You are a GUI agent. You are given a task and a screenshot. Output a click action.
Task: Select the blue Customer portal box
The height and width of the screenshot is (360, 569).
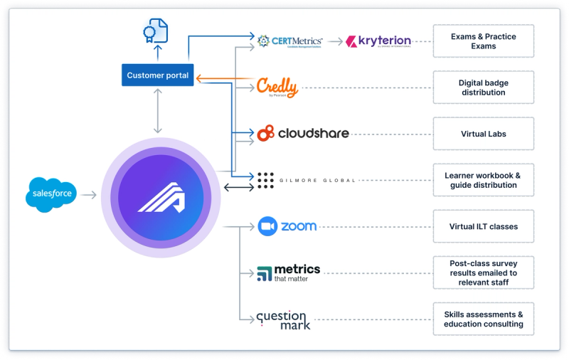(x=157, y=75)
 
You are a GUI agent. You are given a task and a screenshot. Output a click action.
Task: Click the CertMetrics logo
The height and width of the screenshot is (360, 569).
(x=290, y=41)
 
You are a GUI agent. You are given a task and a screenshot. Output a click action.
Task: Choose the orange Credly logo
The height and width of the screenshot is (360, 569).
(x=277, y=87)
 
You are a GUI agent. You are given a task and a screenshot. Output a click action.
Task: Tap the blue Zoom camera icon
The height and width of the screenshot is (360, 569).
(x=267, y=226)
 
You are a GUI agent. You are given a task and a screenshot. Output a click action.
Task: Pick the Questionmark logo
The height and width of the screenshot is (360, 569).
(x=282, y=319)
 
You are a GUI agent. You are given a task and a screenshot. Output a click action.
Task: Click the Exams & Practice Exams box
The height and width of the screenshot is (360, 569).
(x=483, y=41)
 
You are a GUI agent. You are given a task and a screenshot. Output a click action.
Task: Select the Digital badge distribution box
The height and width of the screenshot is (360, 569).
(x=483, y=88)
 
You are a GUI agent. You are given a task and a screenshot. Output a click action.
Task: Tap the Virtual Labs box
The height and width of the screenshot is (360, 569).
(x=483, y=133)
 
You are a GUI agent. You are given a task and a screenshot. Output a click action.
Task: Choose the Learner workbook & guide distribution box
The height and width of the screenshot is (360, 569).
(x=483, y=181)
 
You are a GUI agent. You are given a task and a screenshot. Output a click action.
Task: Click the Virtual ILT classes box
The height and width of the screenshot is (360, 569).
(x=483, y=226)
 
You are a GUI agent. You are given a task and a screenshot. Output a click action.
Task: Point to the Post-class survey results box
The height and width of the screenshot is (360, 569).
(x=483, y=272)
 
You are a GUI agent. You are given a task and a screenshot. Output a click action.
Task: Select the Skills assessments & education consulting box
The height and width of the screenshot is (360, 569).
(x=483, y=319)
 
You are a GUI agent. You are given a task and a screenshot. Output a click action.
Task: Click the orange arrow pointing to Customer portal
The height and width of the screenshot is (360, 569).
(x=224, y=78)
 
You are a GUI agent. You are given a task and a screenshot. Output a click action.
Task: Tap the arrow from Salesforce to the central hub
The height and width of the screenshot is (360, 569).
(x=89, y=194)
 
